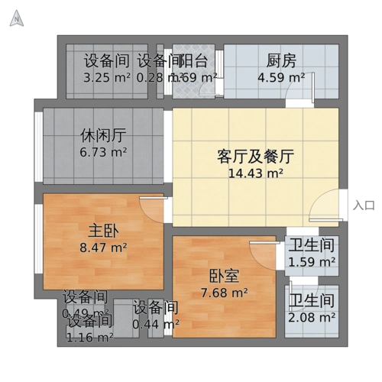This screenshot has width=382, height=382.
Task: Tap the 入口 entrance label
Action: tap(364, 205)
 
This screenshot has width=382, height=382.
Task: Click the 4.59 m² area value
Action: tap(281, 77)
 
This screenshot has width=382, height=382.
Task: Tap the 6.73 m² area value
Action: tap(103, 152)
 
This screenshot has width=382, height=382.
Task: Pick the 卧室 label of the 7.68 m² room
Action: tap(223, 276)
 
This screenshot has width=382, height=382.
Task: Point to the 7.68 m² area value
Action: tap(223, 292)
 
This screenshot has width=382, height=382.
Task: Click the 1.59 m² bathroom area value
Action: tap(312, 262)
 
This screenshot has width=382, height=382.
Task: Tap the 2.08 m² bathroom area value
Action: tap(312, 316)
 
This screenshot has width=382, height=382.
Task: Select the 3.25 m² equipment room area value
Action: tap(107, 77)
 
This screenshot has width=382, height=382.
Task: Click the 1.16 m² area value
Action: tap(89, 335)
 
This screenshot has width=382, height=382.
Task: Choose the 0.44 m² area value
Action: tap(156, 325)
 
